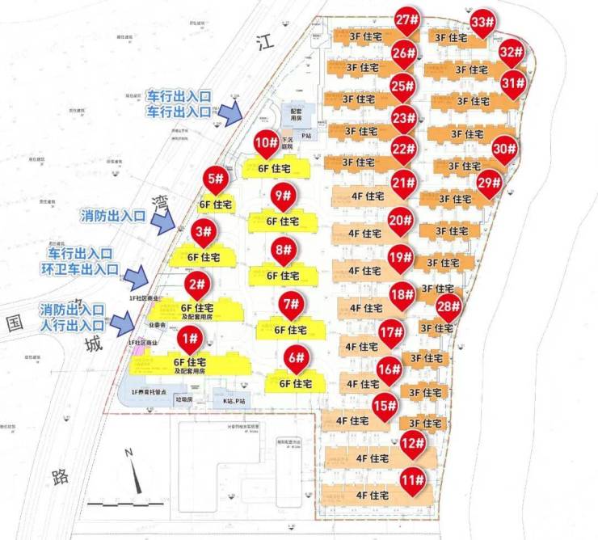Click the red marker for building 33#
(483, 23)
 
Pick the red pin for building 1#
(190, 338)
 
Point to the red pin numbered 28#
(448, 307)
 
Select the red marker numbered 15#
(385, 407)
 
